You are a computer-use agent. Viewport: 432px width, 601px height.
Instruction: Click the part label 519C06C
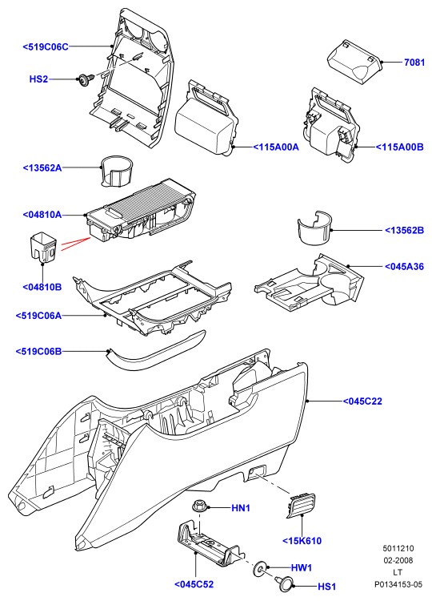point(46,46)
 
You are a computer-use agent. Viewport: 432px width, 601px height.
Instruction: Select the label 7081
point(414,62)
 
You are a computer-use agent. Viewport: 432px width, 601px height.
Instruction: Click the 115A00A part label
point(275,147)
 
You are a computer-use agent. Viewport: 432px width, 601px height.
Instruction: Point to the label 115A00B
point(399,147)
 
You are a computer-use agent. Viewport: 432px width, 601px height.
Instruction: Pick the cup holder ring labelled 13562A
point(118,171)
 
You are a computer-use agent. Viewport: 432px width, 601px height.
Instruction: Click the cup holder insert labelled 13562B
point(314,227)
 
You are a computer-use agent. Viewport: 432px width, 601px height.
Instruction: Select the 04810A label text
point(42,215)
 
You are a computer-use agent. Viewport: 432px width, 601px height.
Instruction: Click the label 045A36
point(405,266)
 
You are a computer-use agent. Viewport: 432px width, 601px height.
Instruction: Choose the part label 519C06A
point(38,316)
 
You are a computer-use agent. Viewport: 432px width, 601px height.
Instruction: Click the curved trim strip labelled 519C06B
point(157,350)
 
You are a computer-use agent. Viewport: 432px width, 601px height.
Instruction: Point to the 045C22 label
point(362,401)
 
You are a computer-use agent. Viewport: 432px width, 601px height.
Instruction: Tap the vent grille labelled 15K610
point(301,506)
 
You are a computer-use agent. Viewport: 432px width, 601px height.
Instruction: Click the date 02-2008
point(398,560)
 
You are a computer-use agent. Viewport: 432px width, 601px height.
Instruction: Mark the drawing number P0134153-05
point(398,584)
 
